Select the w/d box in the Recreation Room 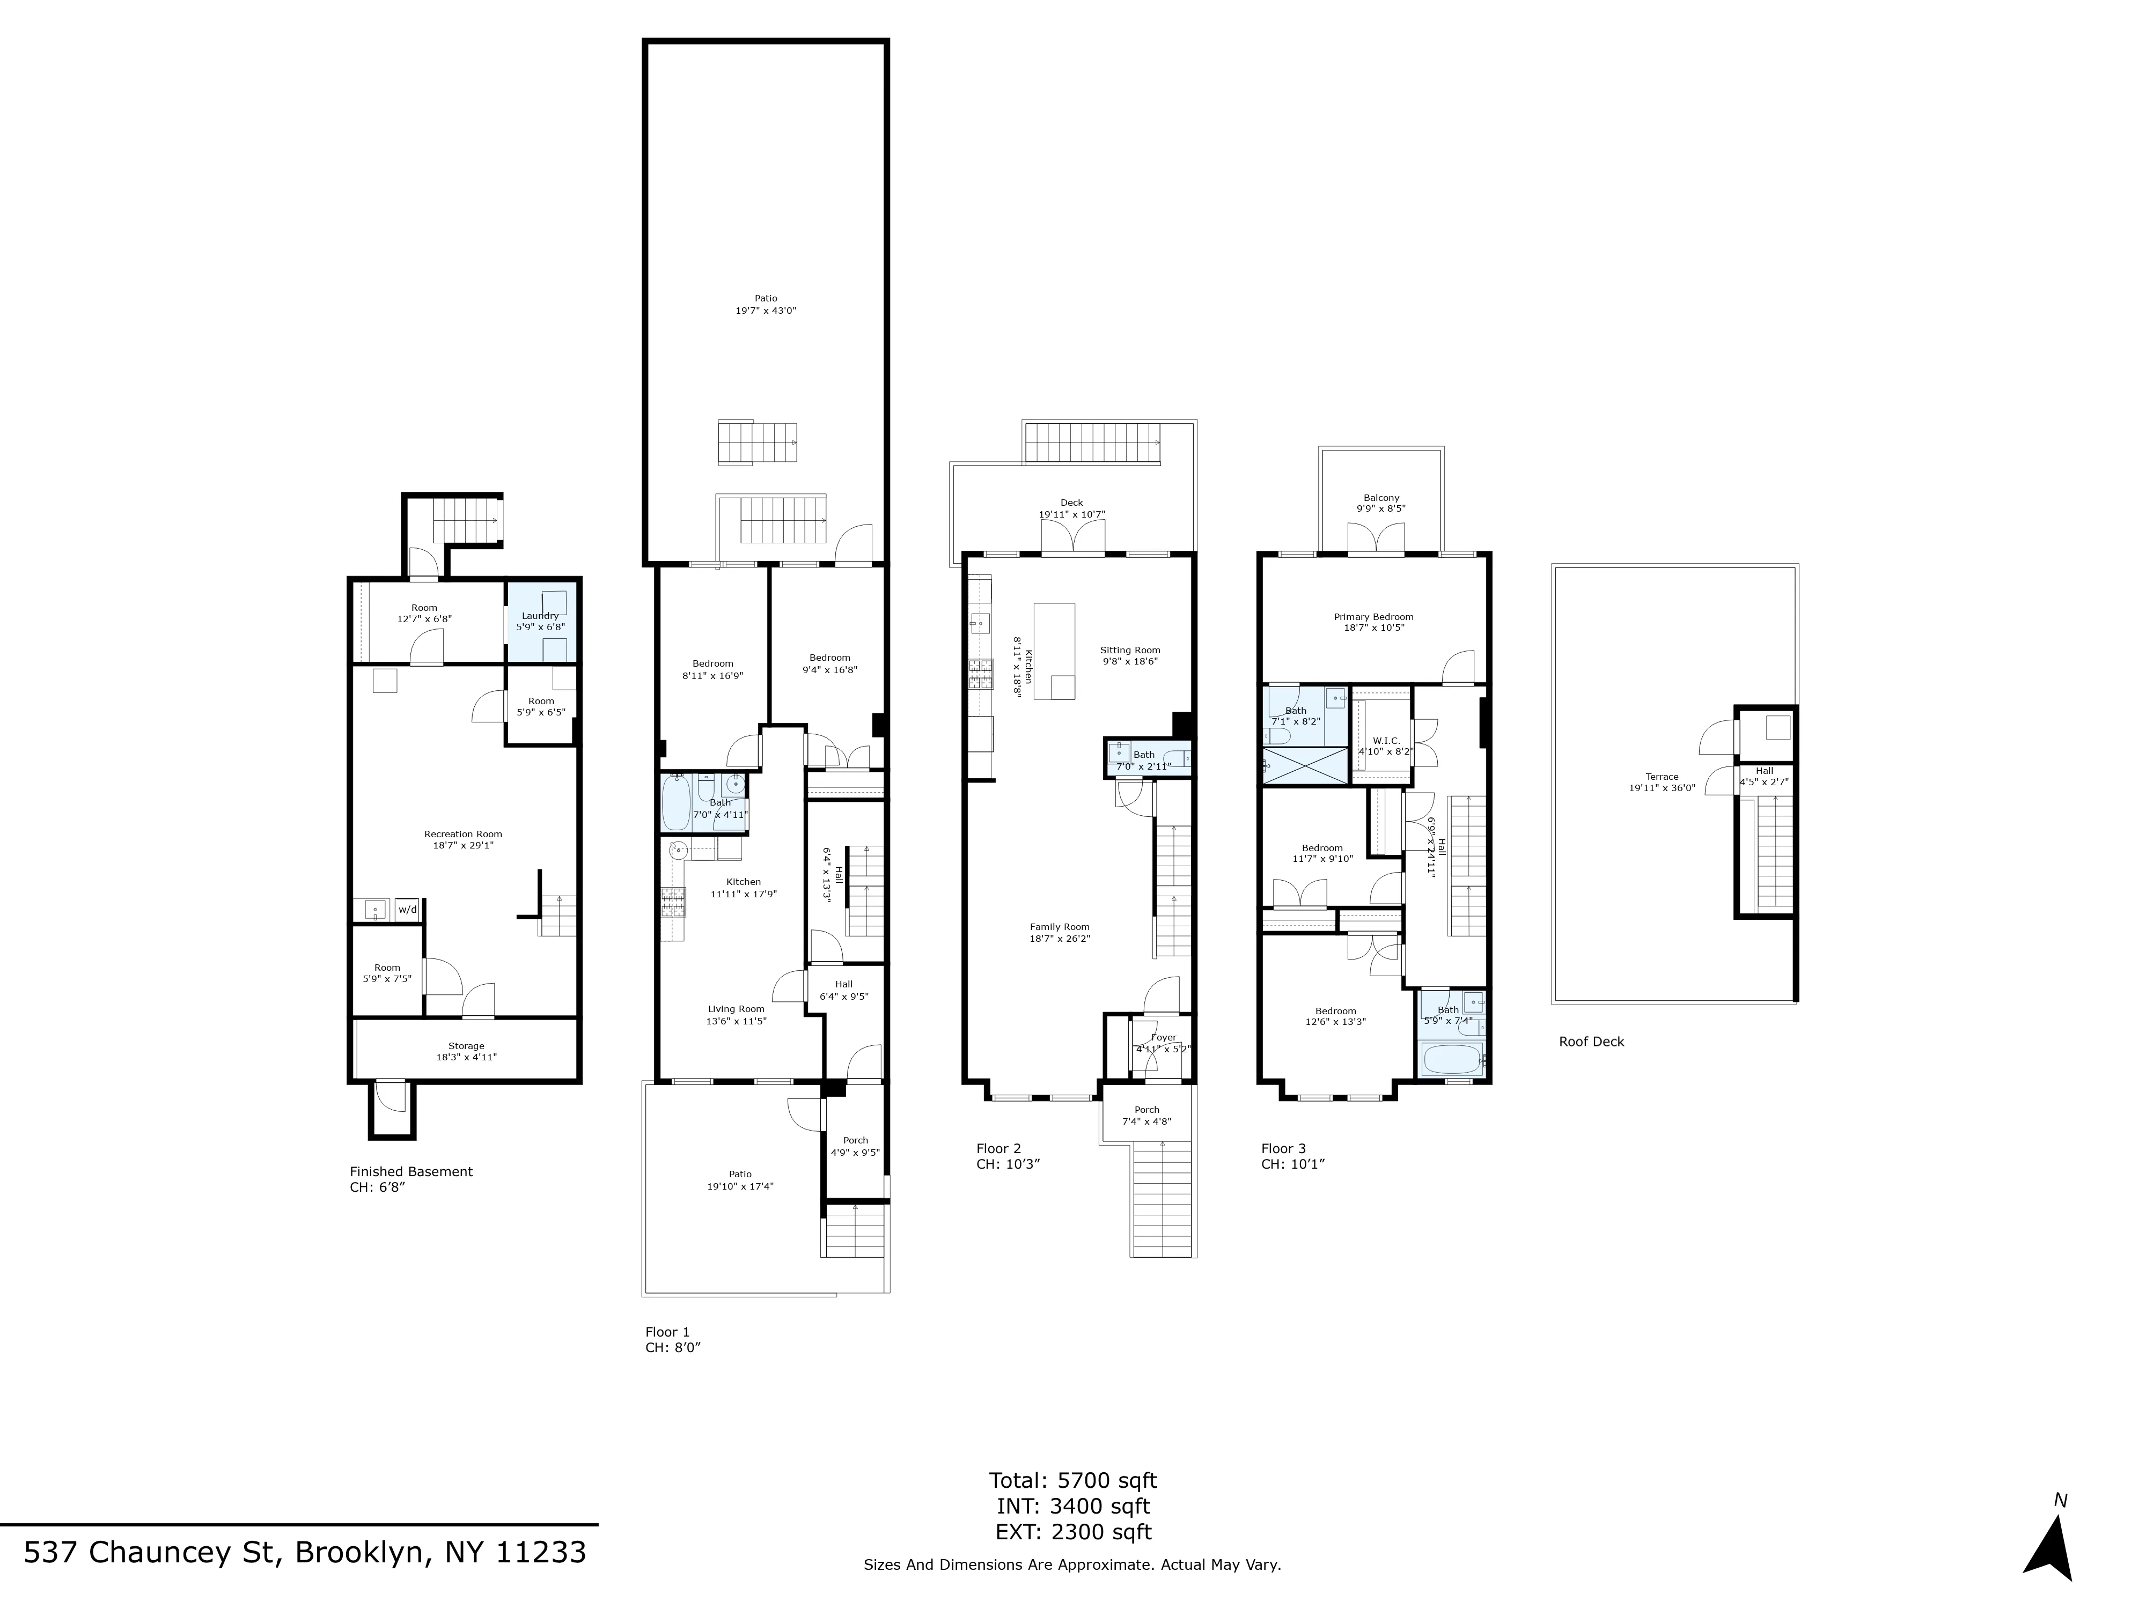pyautogui.click(x=407, y=909)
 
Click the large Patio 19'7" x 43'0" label pyautogui.click(x=766, y=305)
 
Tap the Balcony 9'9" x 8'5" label pyautogui.click(x=1380, y=503)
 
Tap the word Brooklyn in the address pyautogui.click(x=359, y=1553)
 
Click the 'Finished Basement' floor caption pyautogui.click(x=411, y=1171)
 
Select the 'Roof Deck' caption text pyautogui.click(x=1591, y=1042)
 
